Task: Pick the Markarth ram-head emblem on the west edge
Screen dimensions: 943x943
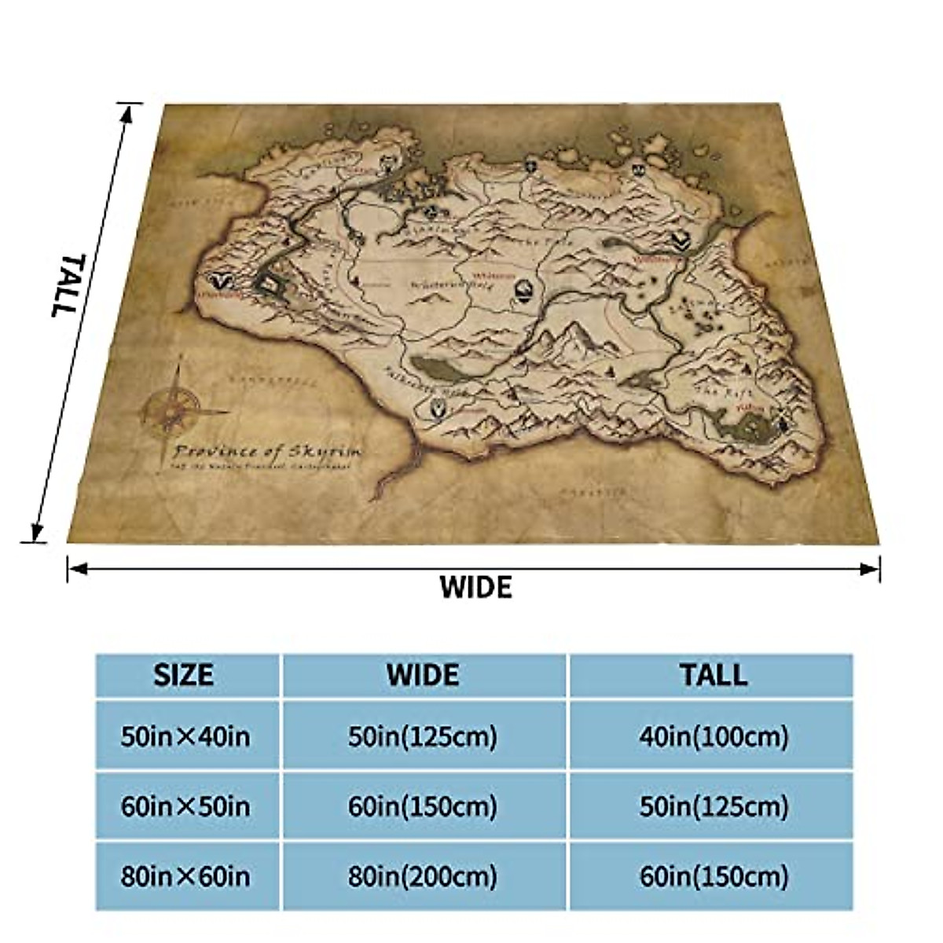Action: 224,281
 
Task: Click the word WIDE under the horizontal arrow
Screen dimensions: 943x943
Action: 475,587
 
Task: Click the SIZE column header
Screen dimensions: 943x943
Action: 183,674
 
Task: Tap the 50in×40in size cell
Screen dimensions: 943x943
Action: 185,736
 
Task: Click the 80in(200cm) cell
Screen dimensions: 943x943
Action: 424,854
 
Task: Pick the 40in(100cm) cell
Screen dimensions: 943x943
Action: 714,736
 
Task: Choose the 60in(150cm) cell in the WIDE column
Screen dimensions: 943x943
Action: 424,806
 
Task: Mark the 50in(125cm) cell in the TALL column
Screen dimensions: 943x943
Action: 714,806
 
